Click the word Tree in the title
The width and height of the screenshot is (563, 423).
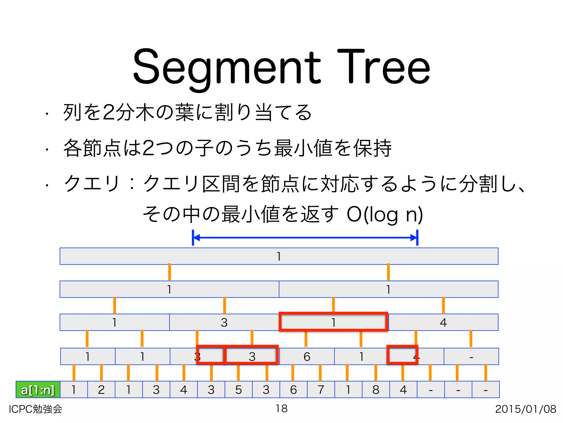click(383, 67)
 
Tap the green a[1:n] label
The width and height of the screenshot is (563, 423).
click(38, 390)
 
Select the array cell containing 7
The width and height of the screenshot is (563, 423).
click(321, 390)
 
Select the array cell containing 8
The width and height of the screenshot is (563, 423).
click(376, 390)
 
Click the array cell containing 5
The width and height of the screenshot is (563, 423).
click(239, 390)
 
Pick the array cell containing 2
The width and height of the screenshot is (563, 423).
click(101, 390)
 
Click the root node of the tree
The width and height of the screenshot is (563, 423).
click(279, 256)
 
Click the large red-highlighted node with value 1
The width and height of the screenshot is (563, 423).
click(333, 322)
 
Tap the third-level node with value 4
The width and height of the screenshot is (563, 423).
click(443, 322)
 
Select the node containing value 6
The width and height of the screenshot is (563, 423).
click(307, 357)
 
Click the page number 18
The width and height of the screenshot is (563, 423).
click(281, 408)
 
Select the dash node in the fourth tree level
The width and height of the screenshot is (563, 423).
click(471, 357)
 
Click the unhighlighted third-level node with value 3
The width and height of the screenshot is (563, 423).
click(224, 322)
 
